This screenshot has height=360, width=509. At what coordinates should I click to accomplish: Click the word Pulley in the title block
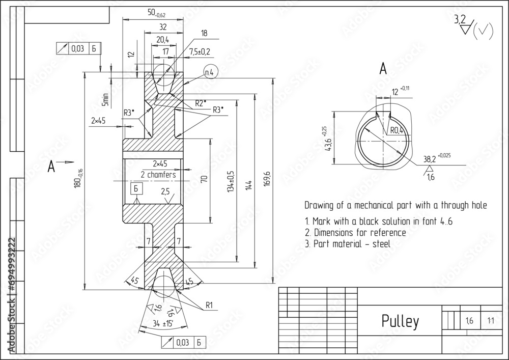(x=400, y=321)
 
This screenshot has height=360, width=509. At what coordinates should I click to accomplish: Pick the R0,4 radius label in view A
(x=398, y=130)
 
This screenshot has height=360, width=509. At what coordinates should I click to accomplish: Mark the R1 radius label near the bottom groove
(x=209, y=306)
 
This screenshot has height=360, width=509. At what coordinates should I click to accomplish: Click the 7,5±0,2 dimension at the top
(x=200, y=52)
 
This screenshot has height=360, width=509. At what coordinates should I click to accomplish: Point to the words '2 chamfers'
(x=158, y=175)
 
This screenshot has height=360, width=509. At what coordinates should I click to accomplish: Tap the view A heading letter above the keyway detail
(x=383, y=69)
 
